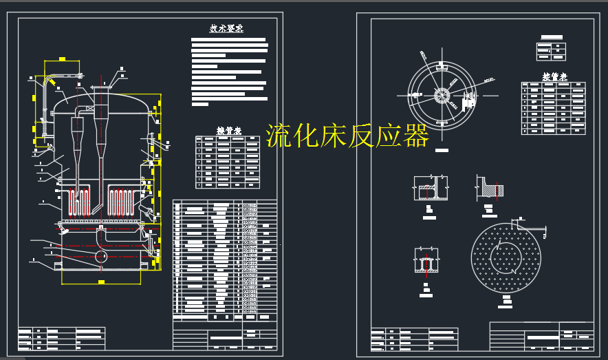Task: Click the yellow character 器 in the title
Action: pyautogui.click(x=416, y=136)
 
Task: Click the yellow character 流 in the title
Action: pyautogui.click(x=279, y=136)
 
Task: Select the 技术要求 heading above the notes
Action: pyautogui.click(x=226, y=29)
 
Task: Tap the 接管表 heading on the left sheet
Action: pyautogui.click(x=229, y=130)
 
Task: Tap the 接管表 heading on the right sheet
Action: pyautogui.click(x=554, y=77)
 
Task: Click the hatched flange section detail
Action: pyautogui.click(x=490, y=187)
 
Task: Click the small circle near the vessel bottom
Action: pyautogui.click(x=101, y=256)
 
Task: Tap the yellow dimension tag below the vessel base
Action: pyautogui.click(x=101, y=282)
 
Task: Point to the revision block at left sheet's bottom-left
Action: pyautogui.click(x=61, y=337)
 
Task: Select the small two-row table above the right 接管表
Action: pyautogui.click(x=551, y=51)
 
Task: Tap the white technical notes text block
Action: pyautogui.click(x=229, y=72)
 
